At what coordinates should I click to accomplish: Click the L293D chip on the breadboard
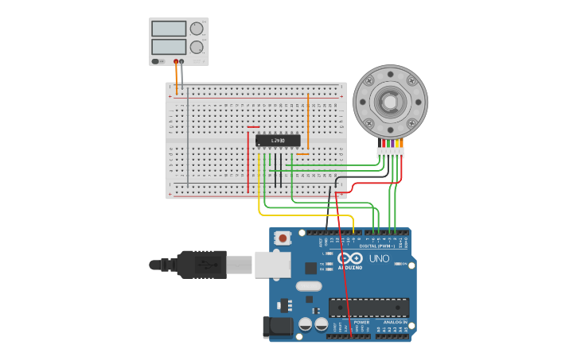tap(278, 141)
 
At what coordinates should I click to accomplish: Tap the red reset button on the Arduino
tap(282, 238)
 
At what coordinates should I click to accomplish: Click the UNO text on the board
tap(379, 258)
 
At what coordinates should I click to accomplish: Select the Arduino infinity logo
tap(349, 258)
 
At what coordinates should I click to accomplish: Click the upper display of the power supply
tap(168, 29)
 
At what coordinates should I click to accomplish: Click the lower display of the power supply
tap(168, 47)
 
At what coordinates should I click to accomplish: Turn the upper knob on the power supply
tap(197, 29)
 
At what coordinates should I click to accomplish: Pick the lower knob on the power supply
tap(197, 47)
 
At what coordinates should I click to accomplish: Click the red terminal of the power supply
tap(176, 61)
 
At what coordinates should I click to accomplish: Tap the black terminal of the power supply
tap(181, 61)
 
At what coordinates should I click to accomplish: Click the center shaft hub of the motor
tap(390, 102)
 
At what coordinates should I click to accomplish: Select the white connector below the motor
tap(391, 152)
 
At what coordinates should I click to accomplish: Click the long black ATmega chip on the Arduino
tap(369, 308)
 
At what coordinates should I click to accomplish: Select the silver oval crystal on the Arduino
tap(308, 286)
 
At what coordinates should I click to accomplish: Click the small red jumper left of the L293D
tap(253, 127)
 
